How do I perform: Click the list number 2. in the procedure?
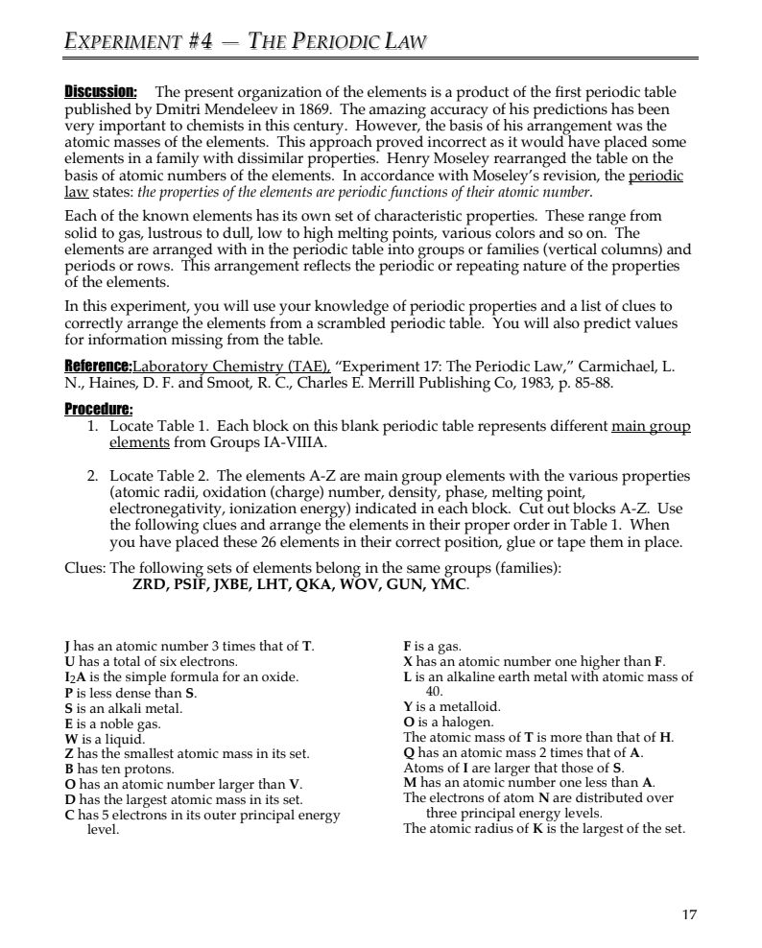(x=93, y=475)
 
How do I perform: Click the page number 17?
(x=689, y=914)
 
